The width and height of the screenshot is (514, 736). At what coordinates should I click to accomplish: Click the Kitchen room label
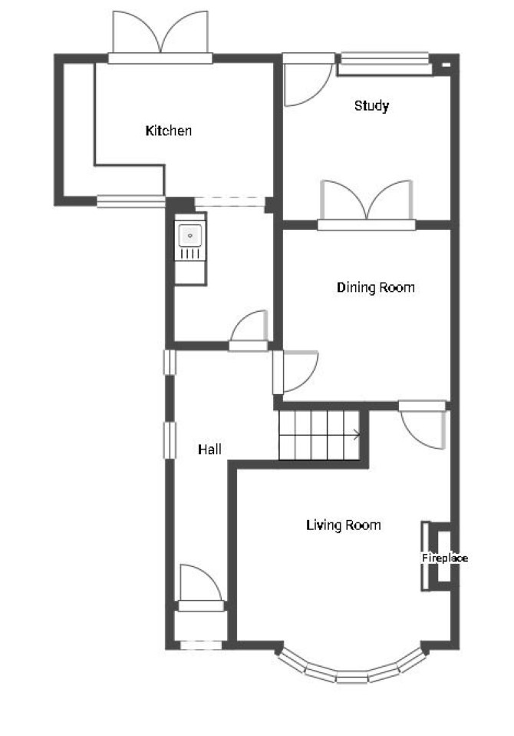169,131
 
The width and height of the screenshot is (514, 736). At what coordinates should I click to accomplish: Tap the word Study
371,105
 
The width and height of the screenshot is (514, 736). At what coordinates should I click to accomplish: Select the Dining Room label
376,287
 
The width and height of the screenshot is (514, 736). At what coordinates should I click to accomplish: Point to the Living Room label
344,525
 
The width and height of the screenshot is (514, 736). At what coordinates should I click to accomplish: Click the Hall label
209,449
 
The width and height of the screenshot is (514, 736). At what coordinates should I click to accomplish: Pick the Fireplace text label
445,558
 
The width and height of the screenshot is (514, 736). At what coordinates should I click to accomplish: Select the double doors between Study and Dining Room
367,205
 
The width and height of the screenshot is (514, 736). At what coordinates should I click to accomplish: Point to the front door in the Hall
200,588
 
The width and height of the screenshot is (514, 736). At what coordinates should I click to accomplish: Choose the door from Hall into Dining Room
295,372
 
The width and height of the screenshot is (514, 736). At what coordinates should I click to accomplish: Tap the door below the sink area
249,330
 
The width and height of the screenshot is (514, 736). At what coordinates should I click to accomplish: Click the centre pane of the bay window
351,677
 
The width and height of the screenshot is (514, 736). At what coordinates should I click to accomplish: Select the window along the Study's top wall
384,64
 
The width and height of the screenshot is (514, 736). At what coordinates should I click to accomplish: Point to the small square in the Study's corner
446,65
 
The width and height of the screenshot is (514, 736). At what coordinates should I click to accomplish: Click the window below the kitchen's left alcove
131,202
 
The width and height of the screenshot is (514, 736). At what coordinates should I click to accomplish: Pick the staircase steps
320,435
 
